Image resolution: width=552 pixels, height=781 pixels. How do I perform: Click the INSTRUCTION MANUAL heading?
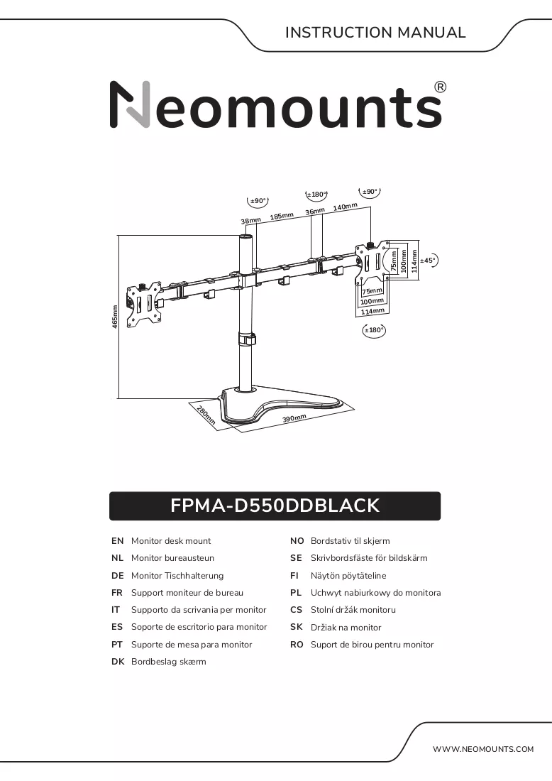pos(375,33)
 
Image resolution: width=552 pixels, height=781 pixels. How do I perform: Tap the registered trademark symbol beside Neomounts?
pos(441,87)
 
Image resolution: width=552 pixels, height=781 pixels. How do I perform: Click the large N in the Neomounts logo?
pos(130,104)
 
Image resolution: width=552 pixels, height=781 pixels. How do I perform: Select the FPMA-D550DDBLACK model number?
pos(275,506)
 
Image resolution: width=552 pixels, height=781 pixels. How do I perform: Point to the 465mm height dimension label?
pos(115,317)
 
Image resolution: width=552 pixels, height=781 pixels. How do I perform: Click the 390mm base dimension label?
pos(294,418)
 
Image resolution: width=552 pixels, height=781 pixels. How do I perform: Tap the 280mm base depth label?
pos(206,415)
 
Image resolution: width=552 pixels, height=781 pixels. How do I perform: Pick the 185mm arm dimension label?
pos(282,216)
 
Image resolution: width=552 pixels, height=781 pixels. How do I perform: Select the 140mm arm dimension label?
pos(345,207)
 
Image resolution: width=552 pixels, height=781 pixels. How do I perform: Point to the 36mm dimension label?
pos(315,211)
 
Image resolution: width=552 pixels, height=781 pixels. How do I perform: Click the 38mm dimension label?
pos(251,221)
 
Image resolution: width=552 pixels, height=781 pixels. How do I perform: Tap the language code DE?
pos(118,576)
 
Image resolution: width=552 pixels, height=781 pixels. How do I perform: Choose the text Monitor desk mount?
pos(171,541)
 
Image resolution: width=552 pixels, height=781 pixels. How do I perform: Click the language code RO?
pos(297,645)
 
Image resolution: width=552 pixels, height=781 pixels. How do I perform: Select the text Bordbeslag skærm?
pos(168,662)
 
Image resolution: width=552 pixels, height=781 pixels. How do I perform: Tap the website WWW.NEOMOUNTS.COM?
pos(482,749)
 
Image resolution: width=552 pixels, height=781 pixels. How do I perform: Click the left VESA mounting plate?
pos(144,305)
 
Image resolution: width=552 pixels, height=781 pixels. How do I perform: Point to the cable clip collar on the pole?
pos(246,338)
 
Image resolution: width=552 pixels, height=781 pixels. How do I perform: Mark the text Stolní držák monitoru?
pos(353,610)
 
